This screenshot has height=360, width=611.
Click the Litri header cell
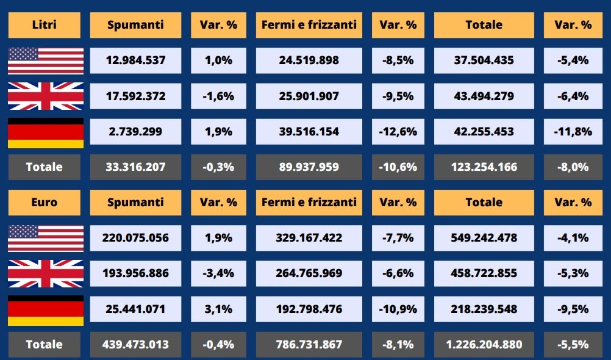(x=44, y=25)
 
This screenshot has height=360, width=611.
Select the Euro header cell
(x=44, y=202)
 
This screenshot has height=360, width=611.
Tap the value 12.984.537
(x=135, y=60)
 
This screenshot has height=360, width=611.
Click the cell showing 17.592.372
(x=135, y=96)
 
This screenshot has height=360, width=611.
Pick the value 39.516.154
(x=309, y=131)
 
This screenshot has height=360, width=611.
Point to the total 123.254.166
(x=484, y=167)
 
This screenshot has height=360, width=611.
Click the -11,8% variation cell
(x=573, y=131)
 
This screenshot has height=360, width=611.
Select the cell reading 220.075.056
(x=135, y=238)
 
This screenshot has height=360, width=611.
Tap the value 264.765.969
(x=309, y=273)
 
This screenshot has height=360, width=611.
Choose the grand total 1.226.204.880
(x=484, y=344)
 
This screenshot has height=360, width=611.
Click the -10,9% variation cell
(x=398, y=309)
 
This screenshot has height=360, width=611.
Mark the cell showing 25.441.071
(x=135, y=309)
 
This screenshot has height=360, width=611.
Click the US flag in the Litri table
(x=46, y=60)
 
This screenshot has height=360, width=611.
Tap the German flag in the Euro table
(x=46, y=309)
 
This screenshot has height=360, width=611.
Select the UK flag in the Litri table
(x=46, y=96)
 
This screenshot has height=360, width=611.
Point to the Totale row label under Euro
(x=44, y=344)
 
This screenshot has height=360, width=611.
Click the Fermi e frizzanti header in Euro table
(x=309, y=202)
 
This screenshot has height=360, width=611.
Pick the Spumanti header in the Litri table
(x=135, y=25)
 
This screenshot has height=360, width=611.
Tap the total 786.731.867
(x=309, y=344)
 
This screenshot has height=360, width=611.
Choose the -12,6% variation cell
(x=398, y=131)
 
